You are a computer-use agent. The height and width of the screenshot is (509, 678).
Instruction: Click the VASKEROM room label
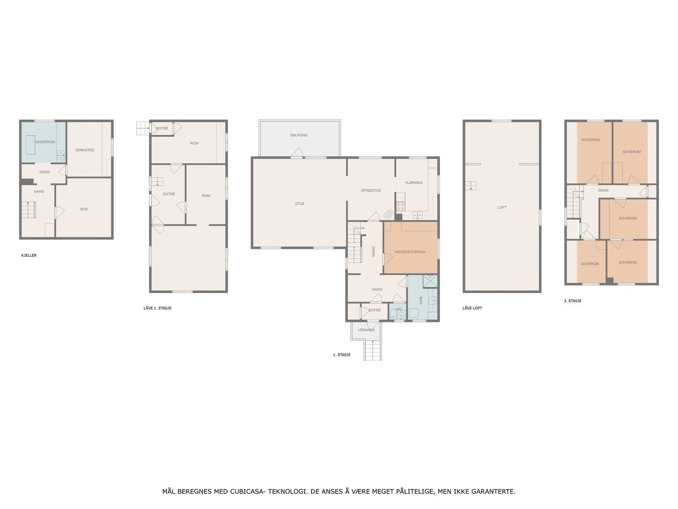[45, 142]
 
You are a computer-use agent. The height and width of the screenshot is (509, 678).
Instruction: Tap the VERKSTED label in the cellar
[84, 150]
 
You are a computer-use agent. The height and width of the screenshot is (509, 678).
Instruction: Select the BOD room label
[84, 209]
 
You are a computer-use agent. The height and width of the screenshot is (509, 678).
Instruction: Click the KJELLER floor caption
[29, 255]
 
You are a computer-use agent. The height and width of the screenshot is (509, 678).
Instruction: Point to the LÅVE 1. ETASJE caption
[157, 308]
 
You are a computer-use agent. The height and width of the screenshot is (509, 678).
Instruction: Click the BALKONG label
[299, 135]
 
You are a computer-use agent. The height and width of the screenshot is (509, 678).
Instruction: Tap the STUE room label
[299, 204]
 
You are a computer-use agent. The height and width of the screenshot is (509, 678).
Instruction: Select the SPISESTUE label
[371, 190]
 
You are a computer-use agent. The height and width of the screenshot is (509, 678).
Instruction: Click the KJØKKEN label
[414, 183]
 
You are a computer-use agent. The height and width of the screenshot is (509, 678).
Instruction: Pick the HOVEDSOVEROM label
[409, 252]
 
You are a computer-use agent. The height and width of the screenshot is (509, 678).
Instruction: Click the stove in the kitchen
[400, 207]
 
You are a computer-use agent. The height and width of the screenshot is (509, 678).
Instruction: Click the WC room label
[398, 309]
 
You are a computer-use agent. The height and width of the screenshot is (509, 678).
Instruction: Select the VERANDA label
[366, 330]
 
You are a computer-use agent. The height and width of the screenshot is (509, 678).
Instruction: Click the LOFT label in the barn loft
[502, 207]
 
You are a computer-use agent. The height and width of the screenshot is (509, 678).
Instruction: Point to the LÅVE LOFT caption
[472, 308]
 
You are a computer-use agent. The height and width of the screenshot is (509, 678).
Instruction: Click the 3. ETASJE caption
[572, 301]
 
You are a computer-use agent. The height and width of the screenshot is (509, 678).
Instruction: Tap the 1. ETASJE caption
[342, 355]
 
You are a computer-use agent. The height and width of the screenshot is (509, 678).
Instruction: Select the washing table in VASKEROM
[30, 145]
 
